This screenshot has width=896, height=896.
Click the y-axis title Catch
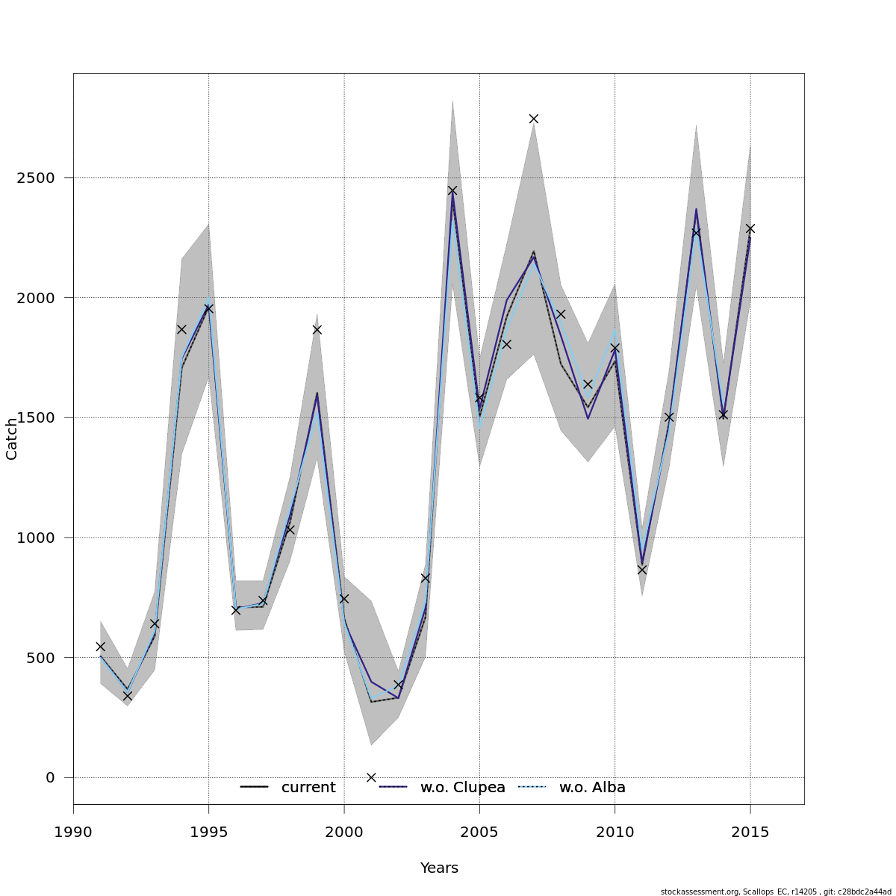click(12, 439)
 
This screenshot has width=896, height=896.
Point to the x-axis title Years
click(439, 868)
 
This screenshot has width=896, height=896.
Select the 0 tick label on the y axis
click(50, 777)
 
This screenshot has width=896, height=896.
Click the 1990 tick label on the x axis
click(73, 833)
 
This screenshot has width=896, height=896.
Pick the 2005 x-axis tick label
click(479, 833)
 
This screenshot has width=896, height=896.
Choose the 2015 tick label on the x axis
click(750, 833)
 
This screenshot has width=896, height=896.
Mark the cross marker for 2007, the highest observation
click(534, 119)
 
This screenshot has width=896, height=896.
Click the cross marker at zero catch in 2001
click(371, 777)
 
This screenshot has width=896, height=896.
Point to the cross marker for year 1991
click(101, 647)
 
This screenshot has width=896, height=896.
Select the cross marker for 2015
click(750, 228)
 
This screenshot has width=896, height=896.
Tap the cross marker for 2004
click(452, 190)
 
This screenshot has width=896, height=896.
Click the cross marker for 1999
click(317, 329)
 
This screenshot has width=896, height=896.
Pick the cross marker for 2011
click(642, 570)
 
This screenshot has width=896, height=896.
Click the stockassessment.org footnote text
click(776, 892)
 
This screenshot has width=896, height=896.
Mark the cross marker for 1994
click(181, 329)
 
